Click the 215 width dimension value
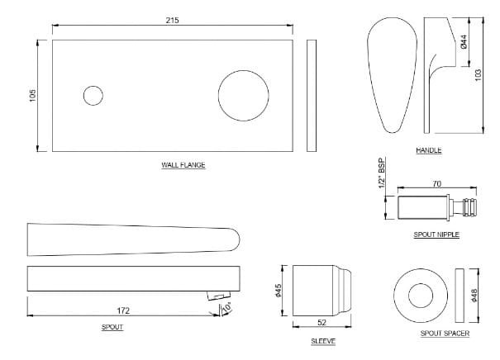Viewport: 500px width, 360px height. [x=171, y=19]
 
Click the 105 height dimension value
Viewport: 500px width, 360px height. [x=32, y=96]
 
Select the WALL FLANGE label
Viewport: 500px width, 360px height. [x=183, y=165]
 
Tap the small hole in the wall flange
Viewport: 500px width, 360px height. [x=93, y=96]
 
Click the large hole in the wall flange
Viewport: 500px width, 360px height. [x=243, y=94]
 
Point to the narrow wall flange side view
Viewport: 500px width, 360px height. [x=311, y=96]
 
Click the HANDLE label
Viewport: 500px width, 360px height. [x=429, y=150]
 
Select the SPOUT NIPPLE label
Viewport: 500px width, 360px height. [x=436, y=234]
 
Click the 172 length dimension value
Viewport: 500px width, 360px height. [x=123, y=311]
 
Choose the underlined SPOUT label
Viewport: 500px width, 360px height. [x=112, y=328]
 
